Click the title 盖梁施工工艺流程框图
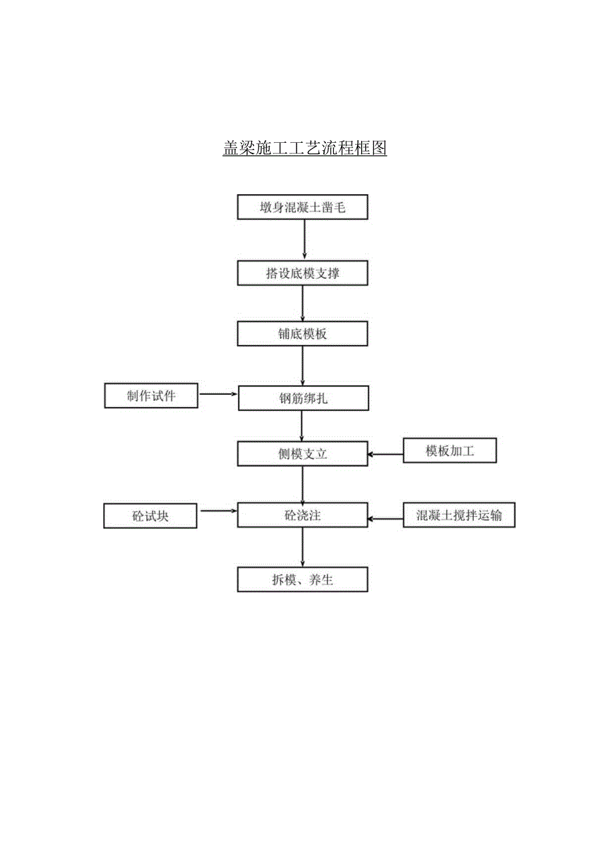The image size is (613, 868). [x=305, y=147]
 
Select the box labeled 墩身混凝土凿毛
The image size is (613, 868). [x=303, y=207]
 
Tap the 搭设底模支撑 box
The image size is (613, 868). [x=303, y=273]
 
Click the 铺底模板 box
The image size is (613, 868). [x=303, y=334]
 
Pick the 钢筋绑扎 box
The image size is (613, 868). [x=303, y=398]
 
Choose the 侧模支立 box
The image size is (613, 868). [x=303, y=454]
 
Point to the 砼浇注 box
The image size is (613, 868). [x=303, y=516]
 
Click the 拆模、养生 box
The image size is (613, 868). [x=303, y=580]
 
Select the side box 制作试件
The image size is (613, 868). [x=151, y=395]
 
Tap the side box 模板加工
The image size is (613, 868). [x=450, y=452]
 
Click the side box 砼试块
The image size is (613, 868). [x=151, y=516]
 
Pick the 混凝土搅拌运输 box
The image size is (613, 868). [x=459, y=516]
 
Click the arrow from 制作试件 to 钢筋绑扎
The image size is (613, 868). [x=219, y=394]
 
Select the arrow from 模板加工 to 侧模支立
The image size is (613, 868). [x=386, y=455]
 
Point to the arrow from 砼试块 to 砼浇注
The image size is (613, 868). [x=219, y=511]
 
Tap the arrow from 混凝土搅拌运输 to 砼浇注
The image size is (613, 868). [x=386, y=518]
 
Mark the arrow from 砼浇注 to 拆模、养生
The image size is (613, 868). [x=303, y=547]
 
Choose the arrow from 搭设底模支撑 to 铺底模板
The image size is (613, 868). [x=303, y=304]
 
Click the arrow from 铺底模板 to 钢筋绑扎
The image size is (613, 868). [x=303, y=366]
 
